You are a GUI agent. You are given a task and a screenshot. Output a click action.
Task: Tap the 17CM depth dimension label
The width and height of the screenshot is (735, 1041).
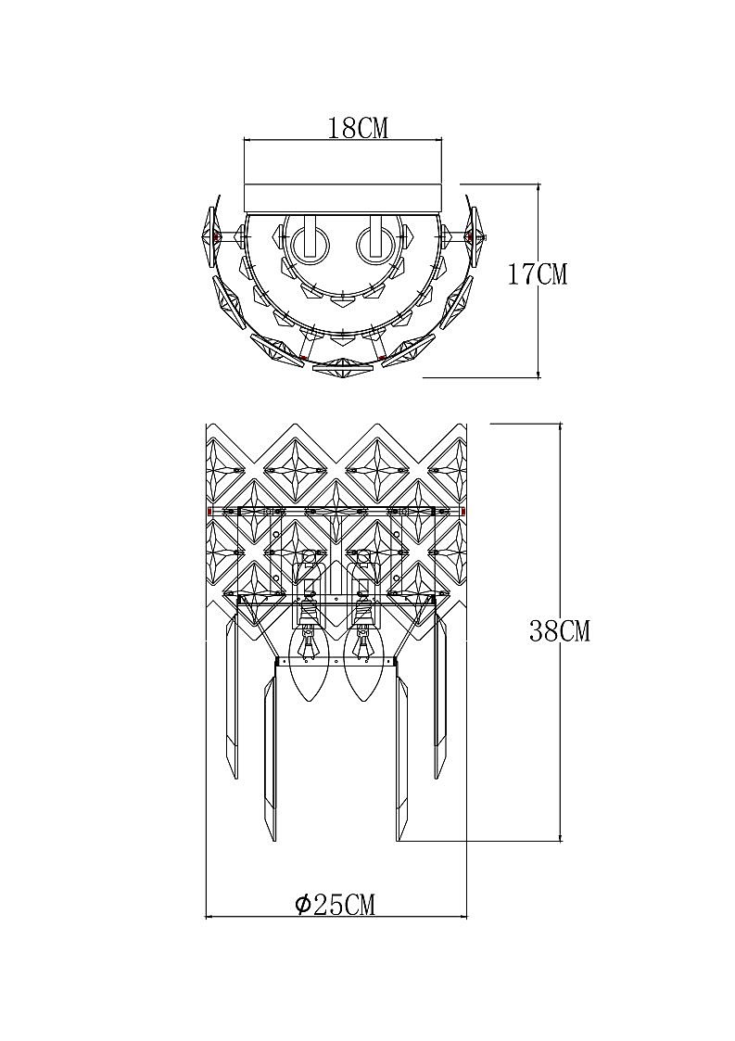(537, 274)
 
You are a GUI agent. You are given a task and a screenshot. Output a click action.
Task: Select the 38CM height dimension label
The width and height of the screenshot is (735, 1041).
(559, 631)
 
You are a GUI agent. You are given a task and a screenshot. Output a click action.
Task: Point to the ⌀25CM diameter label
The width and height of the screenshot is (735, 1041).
(335, 904)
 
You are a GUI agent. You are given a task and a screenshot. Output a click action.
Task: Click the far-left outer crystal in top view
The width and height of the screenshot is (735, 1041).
(209, 235)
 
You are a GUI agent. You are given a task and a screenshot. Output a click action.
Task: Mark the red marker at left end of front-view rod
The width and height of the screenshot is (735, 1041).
(210, 511)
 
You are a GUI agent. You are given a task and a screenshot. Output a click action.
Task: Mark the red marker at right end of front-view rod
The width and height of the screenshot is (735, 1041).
(463, 511)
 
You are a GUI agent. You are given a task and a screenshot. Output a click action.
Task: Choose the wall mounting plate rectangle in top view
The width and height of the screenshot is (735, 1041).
(342, 197)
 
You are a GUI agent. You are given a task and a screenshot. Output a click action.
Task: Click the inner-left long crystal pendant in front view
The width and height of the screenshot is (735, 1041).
(271, 755)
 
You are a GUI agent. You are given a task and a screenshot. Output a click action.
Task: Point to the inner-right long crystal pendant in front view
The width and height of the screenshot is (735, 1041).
(402, 755)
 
